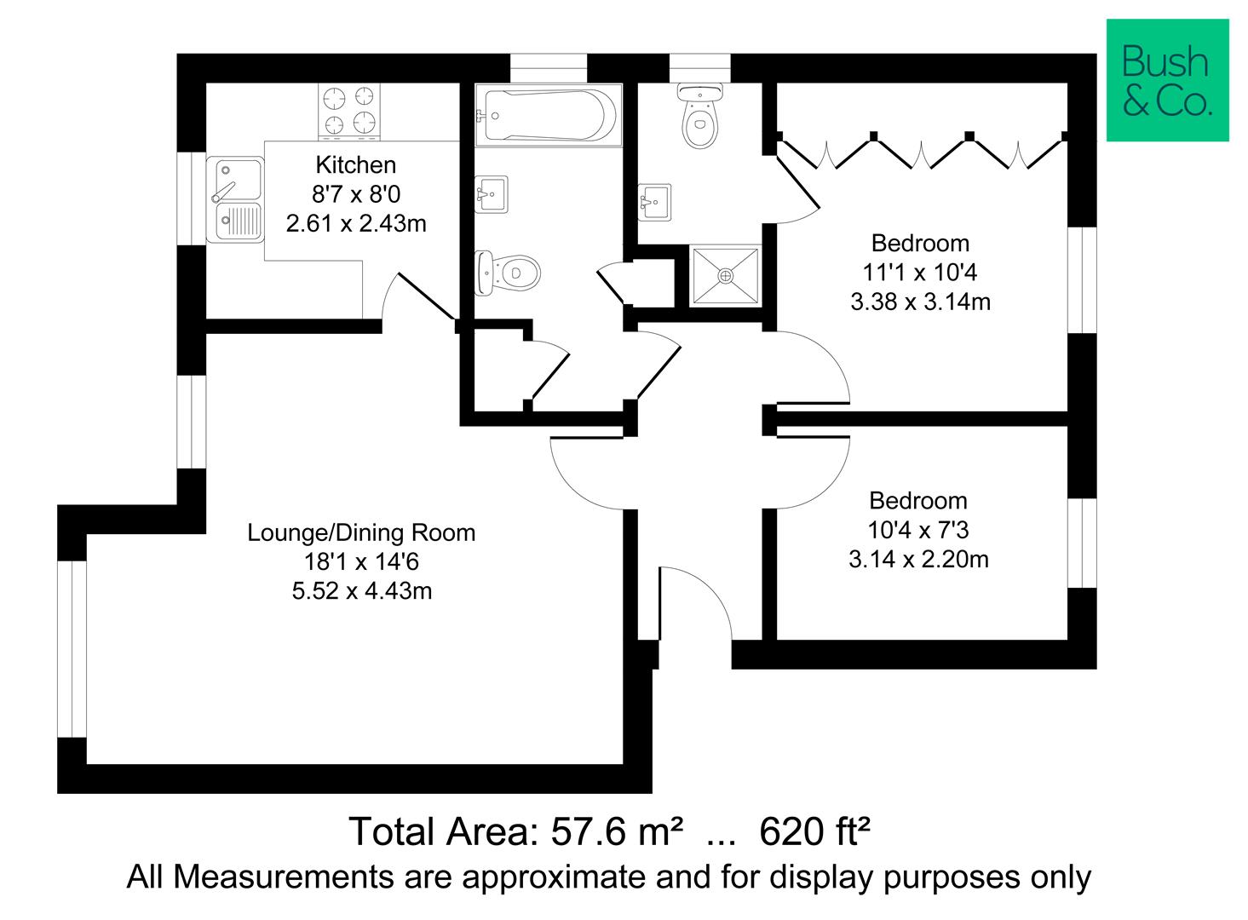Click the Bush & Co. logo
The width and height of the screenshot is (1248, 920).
[1167, 80]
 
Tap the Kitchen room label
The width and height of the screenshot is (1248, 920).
[356, 164]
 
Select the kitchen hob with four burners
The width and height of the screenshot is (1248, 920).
[349, 112]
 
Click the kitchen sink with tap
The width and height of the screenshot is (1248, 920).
[234, 199]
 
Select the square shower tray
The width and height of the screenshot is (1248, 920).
[725, 275]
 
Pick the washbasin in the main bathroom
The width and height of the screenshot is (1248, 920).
[492, 193]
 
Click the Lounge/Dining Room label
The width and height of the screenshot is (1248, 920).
[361, 533]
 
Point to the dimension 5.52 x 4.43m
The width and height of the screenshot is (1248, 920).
[361, 591]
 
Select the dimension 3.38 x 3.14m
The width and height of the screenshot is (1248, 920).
[920, 302]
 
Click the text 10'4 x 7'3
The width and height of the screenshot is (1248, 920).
[918, 531]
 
